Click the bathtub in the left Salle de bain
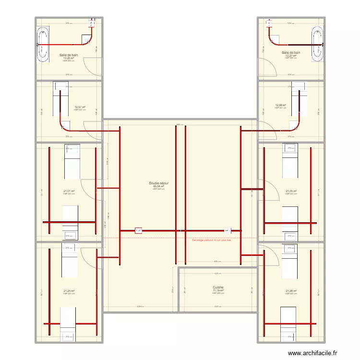[43, 46]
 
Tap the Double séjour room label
[158, 183]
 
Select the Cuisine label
[218, 288]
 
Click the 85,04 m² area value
[158, 186]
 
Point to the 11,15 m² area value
[218, 290]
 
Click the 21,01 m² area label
[69, 191]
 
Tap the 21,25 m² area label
[69, 291]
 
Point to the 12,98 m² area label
[280, 105]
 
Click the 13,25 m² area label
[69, 58]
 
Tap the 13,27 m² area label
[291, 56]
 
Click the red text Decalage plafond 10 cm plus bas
[212, 240]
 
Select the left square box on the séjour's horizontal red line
[139, 230]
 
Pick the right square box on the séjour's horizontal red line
[227, 230]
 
